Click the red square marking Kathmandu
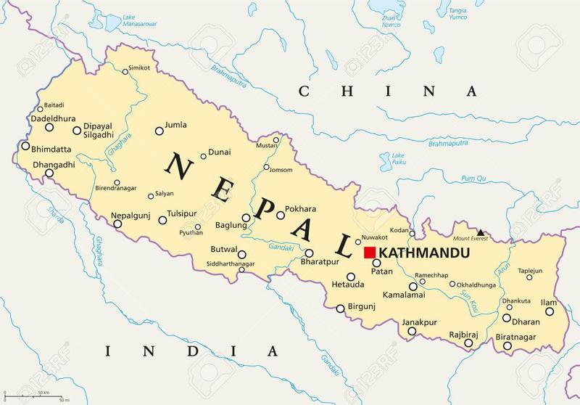pos(370,253)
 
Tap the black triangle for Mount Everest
pos(480,232)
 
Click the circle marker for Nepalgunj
pos(118,224)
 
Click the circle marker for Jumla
pos(159,131)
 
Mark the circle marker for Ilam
pos(550,311)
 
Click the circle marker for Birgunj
pos(340,308)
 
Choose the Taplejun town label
pos(529,270)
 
